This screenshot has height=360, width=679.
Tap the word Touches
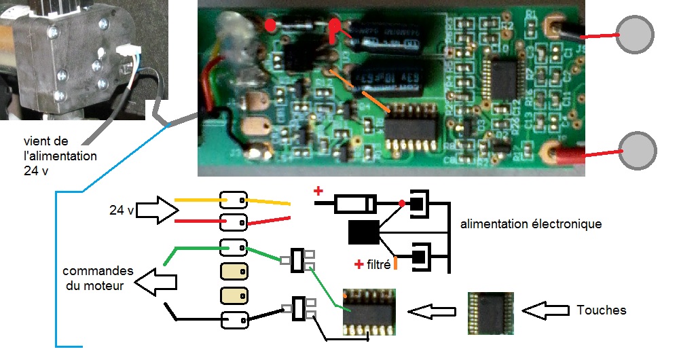(601, 310)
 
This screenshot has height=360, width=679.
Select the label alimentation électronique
(530, 223)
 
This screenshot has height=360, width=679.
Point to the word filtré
(377, 265)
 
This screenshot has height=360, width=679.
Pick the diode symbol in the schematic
(355, 203)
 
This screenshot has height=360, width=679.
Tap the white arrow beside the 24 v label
(155, 210)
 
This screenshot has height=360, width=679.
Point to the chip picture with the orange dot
(369, 312)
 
